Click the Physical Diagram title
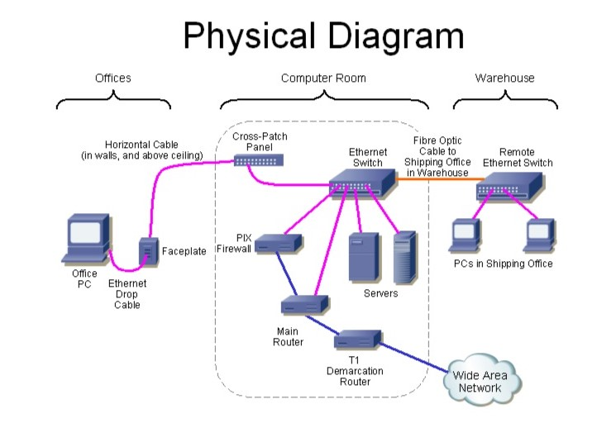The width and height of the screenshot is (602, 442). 322,37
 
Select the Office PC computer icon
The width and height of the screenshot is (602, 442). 88,240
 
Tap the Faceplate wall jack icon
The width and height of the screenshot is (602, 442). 149,252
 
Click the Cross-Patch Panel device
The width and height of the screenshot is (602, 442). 258,159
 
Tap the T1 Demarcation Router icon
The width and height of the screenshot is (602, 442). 357,339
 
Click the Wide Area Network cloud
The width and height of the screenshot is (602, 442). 486,383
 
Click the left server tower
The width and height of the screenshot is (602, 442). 363,259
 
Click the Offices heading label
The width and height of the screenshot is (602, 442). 112,78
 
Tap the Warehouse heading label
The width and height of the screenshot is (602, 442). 504,78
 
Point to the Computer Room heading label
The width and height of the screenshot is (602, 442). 323,78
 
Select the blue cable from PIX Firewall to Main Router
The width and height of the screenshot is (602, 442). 285,274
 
